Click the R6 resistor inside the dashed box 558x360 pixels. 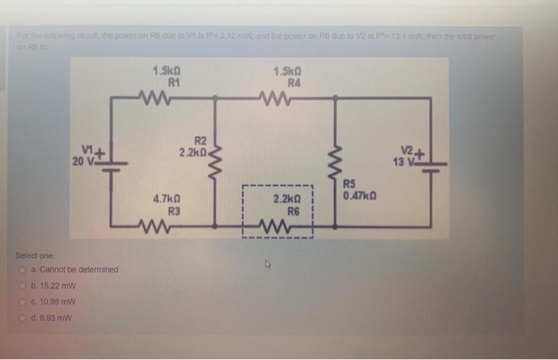point(285,230)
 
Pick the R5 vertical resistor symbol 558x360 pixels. point(335,164)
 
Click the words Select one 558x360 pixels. point(35,256)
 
